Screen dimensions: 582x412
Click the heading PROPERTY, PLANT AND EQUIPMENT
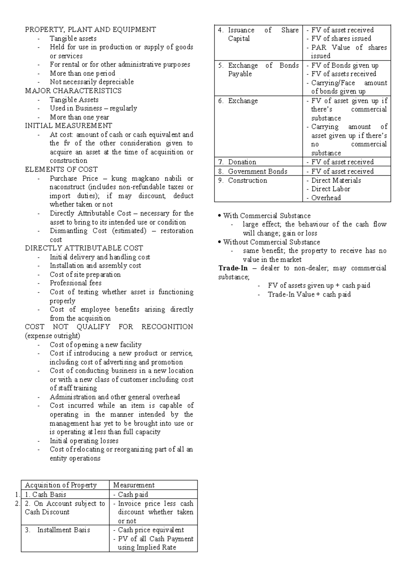click(90, 30)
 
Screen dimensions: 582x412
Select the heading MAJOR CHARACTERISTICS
click(73, 91)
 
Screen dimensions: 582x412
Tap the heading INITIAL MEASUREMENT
click(68, 126)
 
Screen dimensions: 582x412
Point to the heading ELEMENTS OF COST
click(61, 170)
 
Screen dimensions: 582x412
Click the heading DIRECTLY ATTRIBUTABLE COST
click(84, 248)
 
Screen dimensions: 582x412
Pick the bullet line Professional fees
click(76, 283)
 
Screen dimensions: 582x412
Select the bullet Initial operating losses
click(84, 441)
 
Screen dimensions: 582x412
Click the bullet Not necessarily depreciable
click(92, 82)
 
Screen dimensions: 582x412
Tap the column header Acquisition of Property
click(61, 485)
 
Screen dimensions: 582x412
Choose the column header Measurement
click(134, 485)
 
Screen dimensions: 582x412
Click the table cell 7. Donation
click(242, 162)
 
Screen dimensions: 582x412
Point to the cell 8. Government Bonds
click(257, 171)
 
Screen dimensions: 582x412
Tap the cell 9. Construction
click(247, 181)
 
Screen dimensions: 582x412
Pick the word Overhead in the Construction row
click(326, 198)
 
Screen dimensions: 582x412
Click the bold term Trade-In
click(233, 268)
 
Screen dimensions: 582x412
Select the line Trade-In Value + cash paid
click(309, 294)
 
